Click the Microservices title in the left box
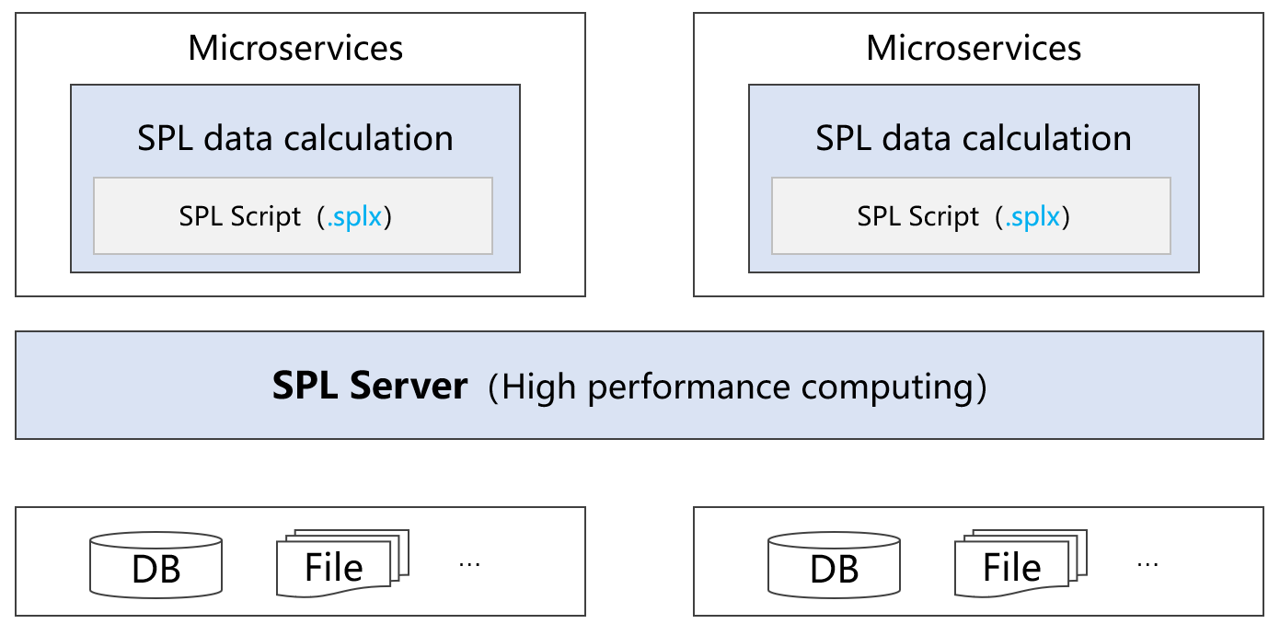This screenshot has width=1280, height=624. tap(295, 48)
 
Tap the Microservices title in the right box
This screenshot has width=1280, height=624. tap(974, 48)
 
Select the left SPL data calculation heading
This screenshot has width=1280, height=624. tap(295, 138)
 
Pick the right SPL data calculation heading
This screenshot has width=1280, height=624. tap(974, 138)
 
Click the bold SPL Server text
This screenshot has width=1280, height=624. tap(370, 386)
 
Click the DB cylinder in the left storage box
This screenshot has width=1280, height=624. tap(156, 563)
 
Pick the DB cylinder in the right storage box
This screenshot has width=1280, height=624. tap(835, 563)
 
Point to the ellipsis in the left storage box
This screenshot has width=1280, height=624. tap(469, 563)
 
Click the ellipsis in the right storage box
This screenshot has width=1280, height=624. tap(1147, 563)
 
